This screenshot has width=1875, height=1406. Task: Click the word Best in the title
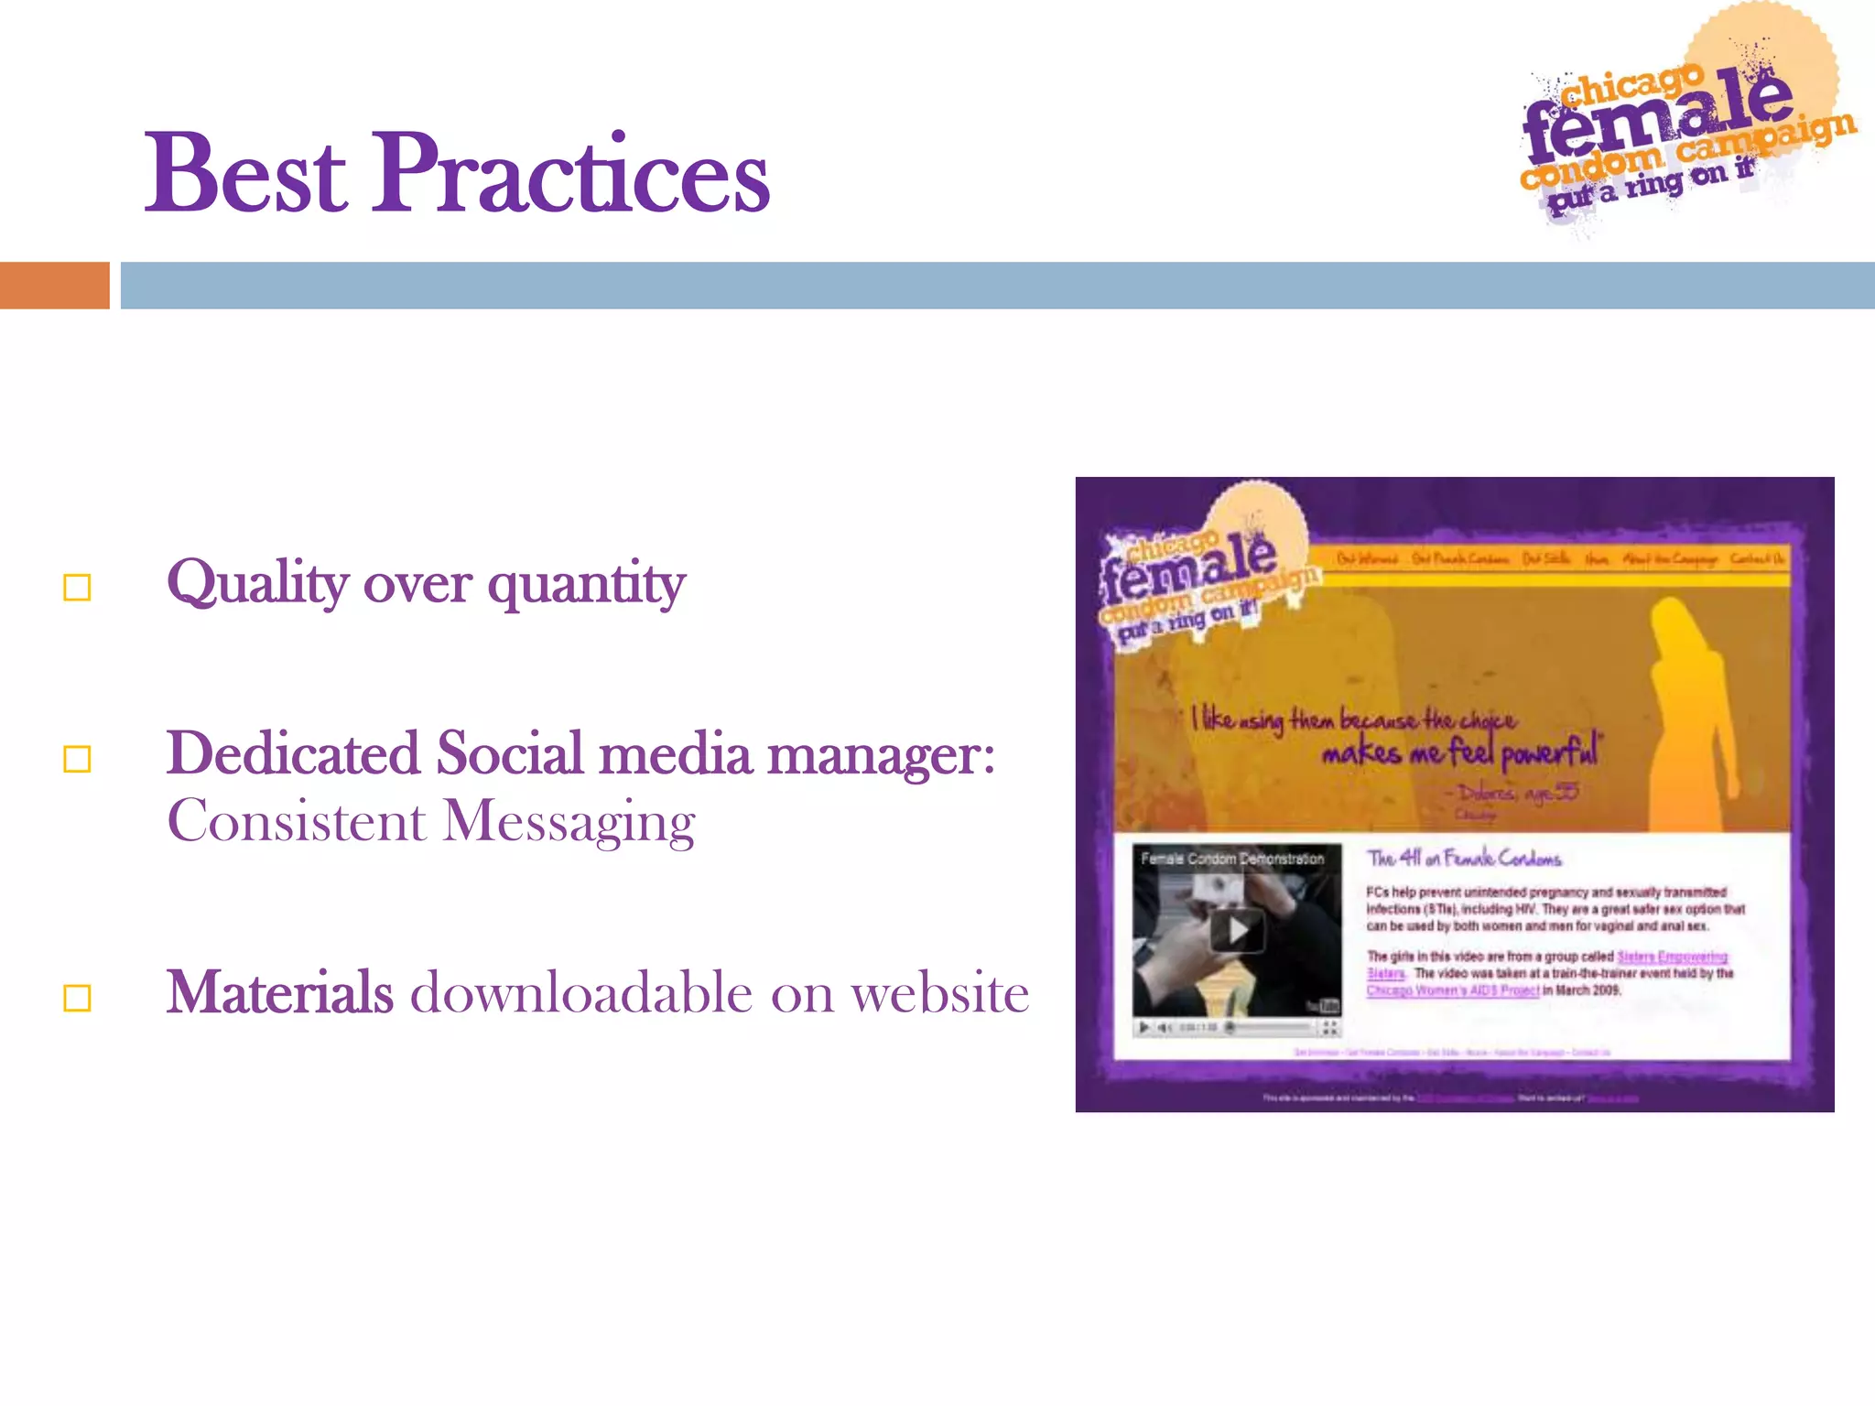click(x=245, y=174)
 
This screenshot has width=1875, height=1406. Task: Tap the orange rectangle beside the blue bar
click(x=54, y=286)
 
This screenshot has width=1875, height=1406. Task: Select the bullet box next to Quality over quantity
click(x=78, y=588)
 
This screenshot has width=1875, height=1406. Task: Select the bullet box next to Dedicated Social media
click(x=78, y=759)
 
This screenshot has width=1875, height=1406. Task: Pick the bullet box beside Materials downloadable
click(x=78, y=998)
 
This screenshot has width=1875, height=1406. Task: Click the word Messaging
click(x=569, y=822)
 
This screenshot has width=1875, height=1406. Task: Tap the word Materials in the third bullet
click(x=279, y=993)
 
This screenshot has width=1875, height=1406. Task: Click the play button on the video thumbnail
click(x=1237, y=931)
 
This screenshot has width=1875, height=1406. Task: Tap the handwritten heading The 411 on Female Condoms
click(x=1464, y=859)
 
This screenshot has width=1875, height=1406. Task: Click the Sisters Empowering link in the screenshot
click(x=1672, y=957)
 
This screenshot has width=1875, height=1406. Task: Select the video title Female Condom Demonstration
click(x=1232, y=859)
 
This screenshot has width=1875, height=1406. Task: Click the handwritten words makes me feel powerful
click(x=1459, y=753)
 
